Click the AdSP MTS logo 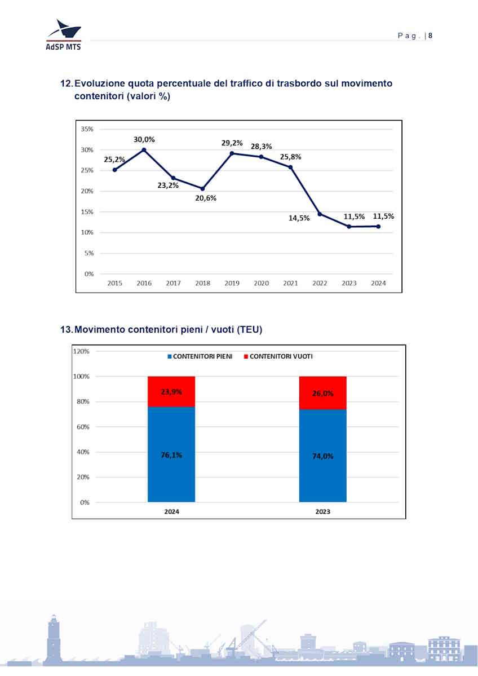tap(63, 35)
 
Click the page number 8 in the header tap(430, 36)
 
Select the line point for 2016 tap(144, 150)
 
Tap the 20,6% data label tap(206, 198)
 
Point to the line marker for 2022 tap(320, 214)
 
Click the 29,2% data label tap(232, 143)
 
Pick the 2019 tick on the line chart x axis tap(232, 283)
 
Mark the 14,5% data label tap(299, 218)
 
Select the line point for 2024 tap(378, 227)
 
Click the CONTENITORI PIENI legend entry tap(200, 356)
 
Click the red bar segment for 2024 tap(171, 391)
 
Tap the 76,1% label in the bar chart tap(171, 455)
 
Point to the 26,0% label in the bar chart tap(322, 394)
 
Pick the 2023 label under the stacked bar tap(322, 511)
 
